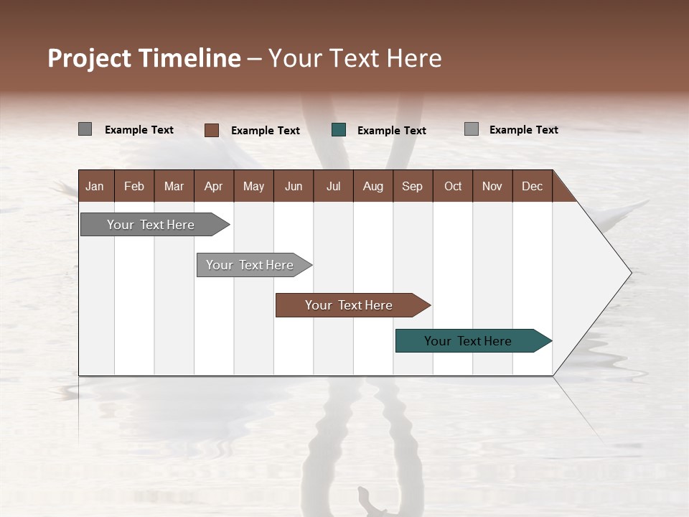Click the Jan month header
pos(95,186)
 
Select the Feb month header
pos(134,186)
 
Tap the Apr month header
pos(213,186)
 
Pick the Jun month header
pos(294,186)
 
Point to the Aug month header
pos(372,186)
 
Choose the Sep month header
pos(412,186)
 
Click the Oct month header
pos(453,186)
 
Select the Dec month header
pos(532,186)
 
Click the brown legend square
pos(211,130)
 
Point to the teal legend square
pos(339,130)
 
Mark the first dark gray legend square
pos(85,129)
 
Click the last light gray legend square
pos(471,129)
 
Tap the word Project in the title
pos(90,58)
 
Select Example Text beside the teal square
pos(391,131)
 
